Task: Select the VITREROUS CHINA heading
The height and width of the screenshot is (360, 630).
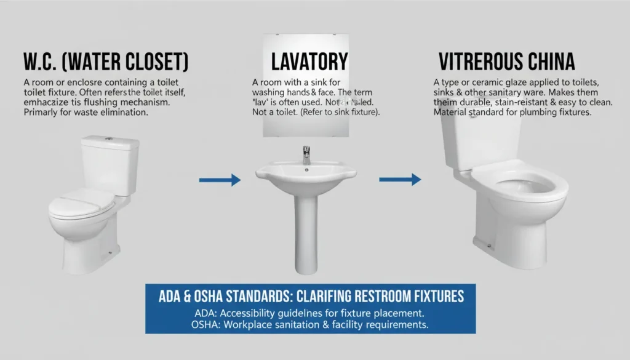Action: (506, 62)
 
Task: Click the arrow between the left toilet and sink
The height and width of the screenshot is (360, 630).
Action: (220, 180)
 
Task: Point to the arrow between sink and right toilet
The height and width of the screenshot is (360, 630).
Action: (400, 179)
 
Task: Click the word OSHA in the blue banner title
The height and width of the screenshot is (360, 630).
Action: (205, 295)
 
